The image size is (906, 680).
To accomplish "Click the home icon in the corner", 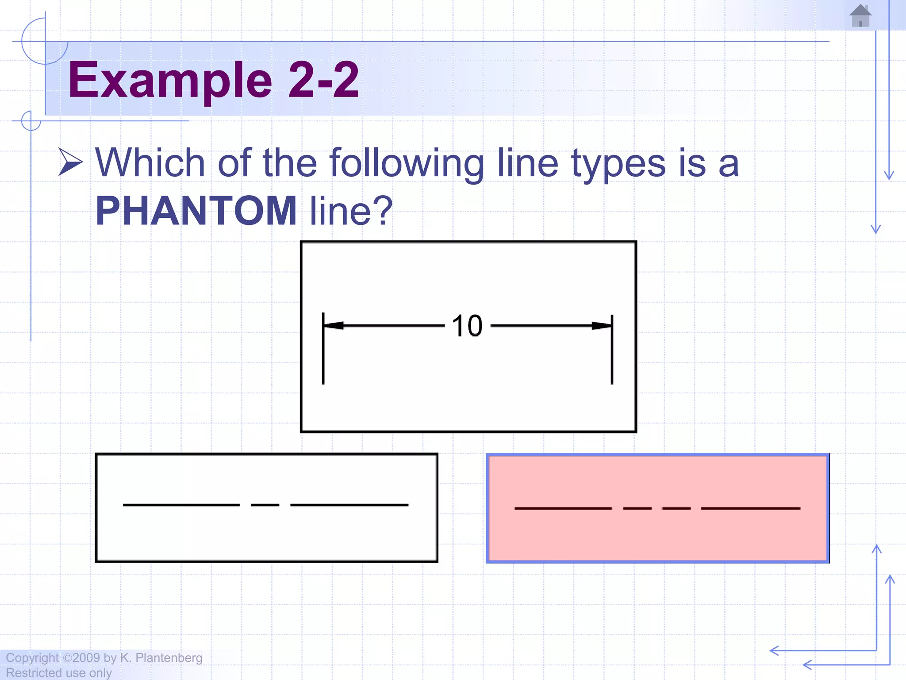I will point(860,16).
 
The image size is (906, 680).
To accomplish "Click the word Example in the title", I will point(170,80).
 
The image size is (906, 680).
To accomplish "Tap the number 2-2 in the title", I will point(323,80).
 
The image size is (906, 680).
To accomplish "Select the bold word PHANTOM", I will point(196,211).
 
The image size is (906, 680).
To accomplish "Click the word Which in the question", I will point(150,163).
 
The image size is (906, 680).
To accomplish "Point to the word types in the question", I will point(618,163).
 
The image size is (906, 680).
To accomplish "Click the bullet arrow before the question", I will point(70,162).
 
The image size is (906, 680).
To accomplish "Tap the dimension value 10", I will point(467,326).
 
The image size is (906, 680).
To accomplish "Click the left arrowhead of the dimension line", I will point(334,326).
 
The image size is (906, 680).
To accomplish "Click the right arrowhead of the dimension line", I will point(602,326).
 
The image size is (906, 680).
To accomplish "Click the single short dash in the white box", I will point(265,505).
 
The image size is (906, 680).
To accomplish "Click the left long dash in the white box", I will point(181,505).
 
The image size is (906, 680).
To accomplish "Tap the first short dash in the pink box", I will point(637,508).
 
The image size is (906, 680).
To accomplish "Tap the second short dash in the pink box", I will point(676,508).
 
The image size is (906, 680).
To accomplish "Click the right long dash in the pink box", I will point(751,508).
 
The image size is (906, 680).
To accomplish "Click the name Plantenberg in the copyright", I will point(169,658).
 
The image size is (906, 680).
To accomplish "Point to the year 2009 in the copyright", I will point(86,658).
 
